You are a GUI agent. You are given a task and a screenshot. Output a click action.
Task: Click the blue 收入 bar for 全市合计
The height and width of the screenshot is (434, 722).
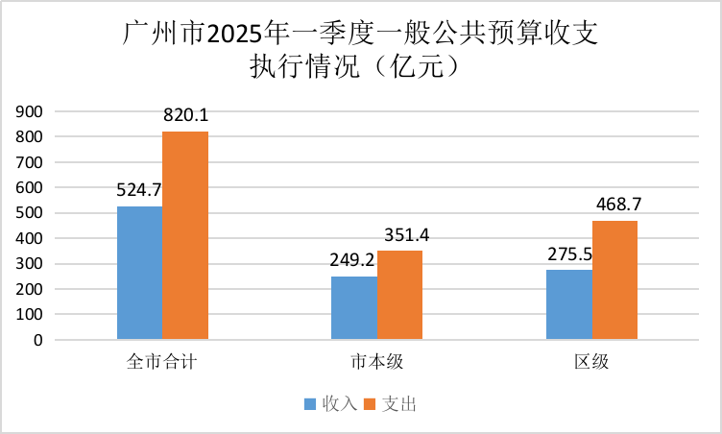point(139,273)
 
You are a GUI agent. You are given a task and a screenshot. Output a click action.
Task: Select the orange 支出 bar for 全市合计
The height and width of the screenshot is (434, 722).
point(185,235)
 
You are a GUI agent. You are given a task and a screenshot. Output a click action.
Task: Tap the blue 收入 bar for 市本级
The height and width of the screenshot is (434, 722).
point(354,307)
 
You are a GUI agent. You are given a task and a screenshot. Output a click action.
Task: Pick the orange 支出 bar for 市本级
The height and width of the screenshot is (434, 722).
point(399,295)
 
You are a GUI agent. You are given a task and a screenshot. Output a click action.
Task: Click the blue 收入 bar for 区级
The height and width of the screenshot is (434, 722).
point(569,304)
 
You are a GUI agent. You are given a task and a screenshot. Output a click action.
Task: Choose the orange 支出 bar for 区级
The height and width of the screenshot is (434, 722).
point(614,279)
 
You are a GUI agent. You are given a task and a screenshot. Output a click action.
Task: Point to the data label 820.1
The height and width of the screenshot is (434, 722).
point(185,115)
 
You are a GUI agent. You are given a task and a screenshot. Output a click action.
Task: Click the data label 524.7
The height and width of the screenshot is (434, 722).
point(139,190)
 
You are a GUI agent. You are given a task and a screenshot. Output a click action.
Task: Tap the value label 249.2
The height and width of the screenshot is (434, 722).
point(354,260)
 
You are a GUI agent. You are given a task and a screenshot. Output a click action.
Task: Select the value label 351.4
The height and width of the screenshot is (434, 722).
point(399,234)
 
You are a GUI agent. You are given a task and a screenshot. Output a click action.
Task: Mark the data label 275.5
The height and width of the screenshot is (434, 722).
point(569,253)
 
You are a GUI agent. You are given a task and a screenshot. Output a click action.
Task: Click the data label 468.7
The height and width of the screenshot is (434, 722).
point(614,205)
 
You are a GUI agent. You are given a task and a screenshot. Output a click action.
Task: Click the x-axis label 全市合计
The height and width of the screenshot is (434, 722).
point(161,363)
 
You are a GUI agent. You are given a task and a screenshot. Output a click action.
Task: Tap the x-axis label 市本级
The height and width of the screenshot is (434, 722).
point(376,363)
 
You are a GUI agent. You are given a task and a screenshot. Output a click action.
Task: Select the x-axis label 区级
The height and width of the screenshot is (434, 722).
point(591,363)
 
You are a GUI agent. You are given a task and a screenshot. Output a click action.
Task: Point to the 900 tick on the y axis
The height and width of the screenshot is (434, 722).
point(31,112)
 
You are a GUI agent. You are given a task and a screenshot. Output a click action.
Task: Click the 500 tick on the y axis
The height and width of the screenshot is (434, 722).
point(31,213)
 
